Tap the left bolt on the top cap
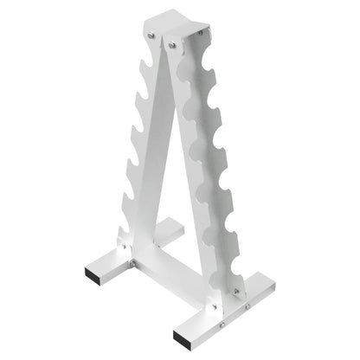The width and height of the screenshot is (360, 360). click(151, 35)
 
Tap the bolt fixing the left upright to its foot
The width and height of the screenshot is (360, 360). click(126, 247)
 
